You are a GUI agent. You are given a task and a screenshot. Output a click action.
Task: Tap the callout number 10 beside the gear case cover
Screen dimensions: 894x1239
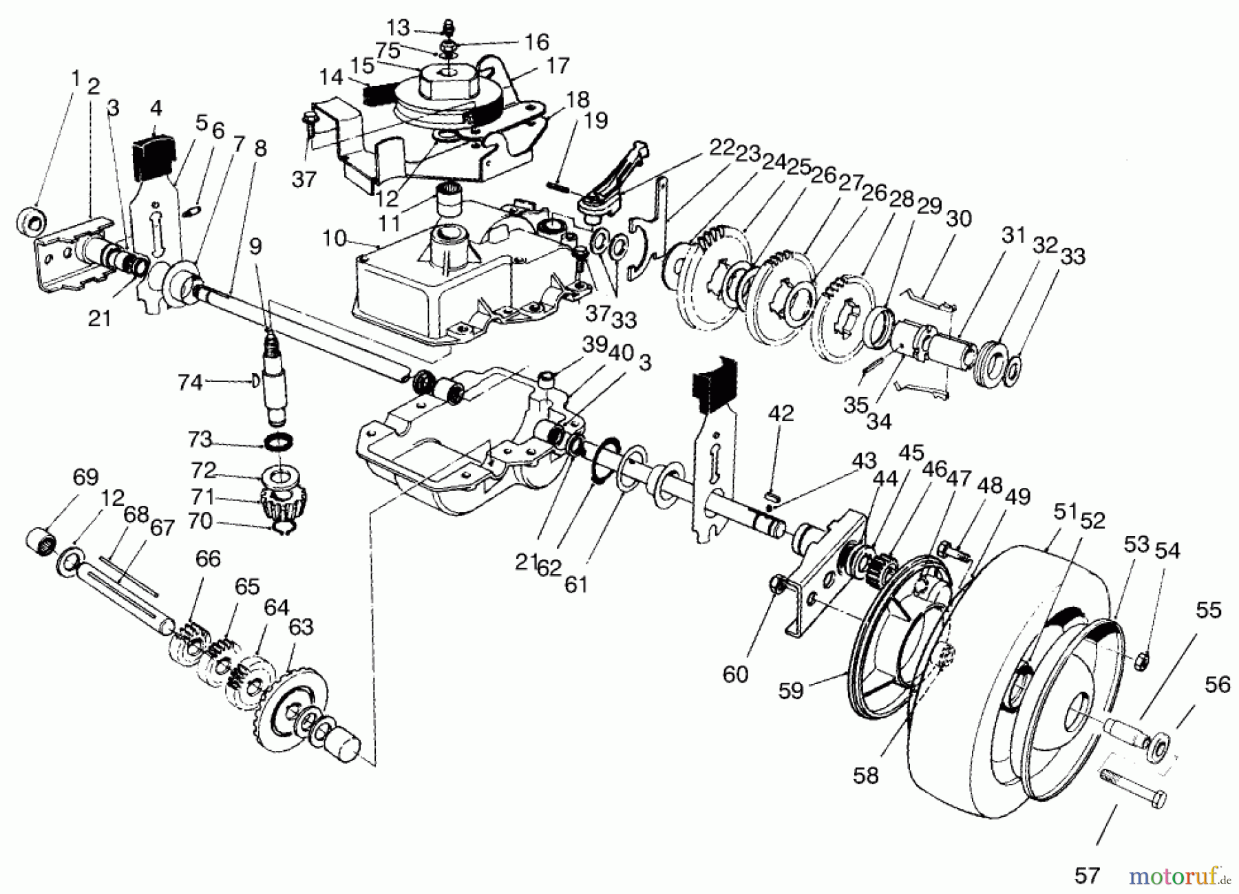click(x=335, y=240)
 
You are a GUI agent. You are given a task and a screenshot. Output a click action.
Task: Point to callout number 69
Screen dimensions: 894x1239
click(x=85, y=477)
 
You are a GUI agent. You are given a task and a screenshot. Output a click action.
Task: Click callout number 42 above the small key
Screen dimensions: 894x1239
click(x=781, y=413)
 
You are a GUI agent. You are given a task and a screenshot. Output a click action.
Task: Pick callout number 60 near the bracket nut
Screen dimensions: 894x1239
click(x=734, y=674)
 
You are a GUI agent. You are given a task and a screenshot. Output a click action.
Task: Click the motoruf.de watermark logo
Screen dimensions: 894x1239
click(x=1179, y=875)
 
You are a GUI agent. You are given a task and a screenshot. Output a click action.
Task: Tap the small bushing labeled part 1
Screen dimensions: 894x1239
click(x=30, y=220)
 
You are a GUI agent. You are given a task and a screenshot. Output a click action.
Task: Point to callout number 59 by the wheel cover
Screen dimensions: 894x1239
click(x=790, y=690)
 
